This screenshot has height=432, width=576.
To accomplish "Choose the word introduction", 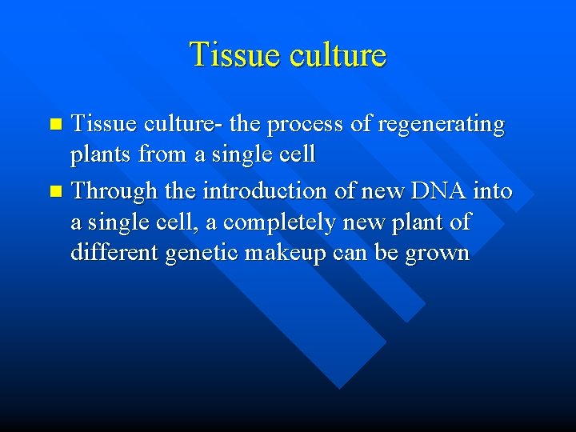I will (269, 192).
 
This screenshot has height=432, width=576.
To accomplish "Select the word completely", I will (269, 222).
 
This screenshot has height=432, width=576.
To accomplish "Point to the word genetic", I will (214, 253).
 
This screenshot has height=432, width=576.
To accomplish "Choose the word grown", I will (438, 253).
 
